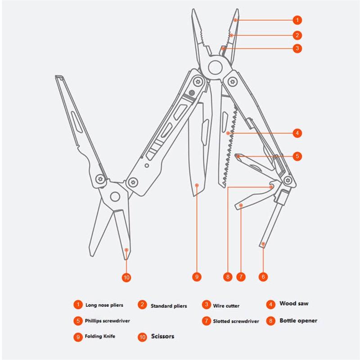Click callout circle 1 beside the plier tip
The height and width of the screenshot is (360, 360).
click(297, 20)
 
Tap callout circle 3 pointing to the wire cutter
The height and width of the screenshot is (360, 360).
click(297, 48)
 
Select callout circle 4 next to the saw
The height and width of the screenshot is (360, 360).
click(297, 133)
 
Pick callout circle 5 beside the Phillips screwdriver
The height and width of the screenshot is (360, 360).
click(297, 156)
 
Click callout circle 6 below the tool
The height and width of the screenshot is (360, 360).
click(263, 277)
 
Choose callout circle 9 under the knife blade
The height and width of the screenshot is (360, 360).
click(197, 277)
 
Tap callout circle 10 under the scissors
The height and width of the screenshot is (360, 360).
click(126, 277)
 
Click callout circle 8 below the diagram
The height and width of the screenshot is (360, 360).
click(228, 277)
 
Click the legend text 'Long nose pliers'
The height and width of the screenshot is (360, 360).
click(104, 305)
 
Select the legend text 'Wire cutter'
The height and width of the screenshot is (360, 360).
click(226, 306)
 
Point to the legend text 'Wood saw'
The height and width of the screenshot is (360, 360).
click(294, 303)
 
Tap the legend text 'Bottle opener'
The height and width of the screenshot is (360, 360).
click(298, 320)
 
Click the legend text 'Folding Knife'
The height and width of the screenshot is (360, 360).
click(100, 336)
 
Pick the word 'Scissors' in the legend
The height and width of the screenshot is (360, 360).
click(162, 336)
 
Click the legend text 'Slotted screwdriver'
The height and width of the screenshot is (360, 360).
click(236, 321)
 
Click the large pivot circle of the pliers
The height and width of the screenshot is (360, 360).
click(215, 67)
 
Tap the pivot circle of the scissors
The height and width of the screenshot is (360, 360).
click(115, 197)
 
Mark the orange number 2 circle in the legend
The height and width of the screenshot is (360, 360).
click(142, 305)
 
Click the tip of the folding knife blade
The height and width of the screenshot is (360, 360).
click(193, 196)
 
